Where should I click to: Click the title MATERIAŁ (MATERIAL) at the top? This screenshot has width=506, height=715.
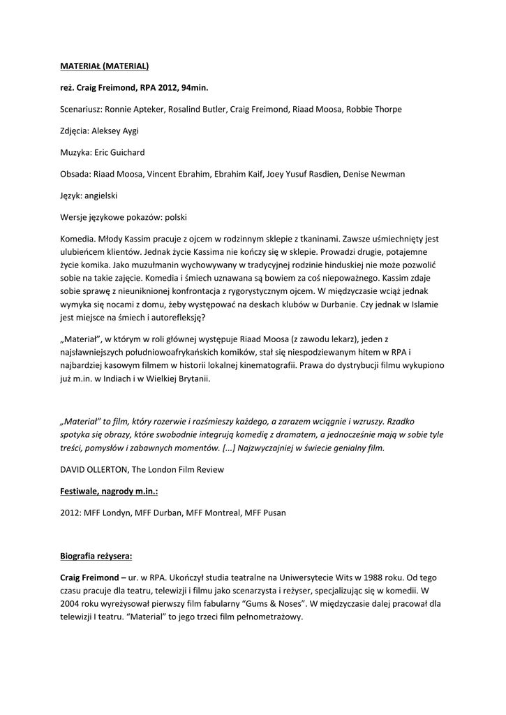pos(104,67)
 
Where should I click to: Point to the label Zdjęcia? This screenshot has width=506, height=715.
pos(75,131)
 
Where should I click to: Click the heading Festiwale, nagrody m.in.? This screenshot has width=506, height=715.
pos(108,492)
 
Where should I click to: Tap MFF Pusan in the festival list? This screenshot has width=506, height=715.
pos(265,513)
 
